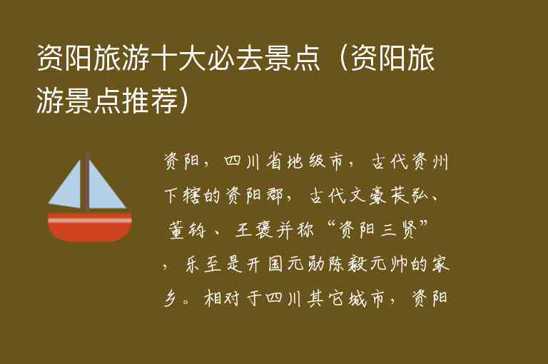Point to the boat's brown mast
click(x=86, y=182)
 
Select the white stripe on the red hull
click(x=89, y=221)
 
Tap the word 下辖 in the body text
click(x=185, y=194)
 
